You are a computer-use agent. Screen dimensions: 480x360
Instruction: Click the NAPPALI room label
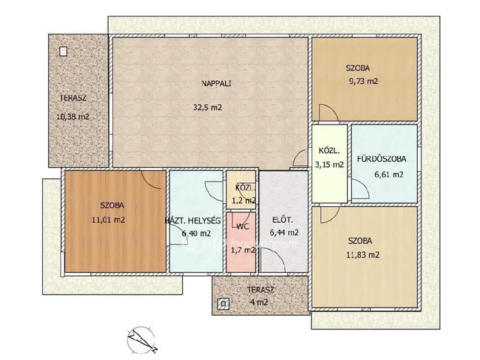(216, 83)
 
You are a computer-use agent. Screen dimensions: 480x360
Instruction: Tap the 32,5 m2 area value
(207, 107)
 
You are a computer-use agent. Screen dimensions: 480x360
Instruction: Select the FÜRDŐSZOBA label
(382, 159)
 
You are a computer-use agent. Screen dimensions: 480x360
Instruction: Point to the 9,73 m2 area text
(363, 82)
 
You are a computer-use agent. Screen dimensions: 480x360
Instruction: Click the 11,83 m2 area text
(363, 255)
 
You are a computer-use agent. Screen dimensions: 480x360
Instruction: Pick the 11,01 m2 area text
(108, 220)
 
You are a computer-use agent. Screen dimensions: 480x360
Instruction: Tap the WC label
(242, 226)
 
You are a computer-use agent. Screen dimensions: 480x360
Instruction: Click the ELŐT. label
(283, 220)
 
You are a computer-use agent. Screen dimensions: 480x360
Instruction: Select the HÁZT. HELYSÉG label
(193, 220)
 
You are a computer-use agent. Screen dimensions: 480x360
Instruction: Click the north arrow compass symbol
(142, 340)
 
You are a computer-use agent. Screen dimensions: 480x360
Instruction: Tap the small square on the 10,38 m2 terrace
(63, 52)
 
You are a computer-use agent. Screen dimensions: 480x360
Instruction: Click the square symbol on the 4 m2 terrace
(223, 304)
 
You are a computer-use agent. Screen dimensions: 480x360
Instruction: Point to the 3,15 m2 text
(329, 165)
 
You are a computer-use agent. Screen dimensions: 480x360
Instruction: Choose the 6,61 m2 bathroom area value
(388, 175)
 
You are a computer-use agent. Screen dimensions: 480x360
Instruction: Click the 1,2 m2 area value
(244, 201)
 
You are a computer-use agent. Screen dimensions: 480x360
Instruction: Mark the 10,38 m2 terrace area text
(73, 117)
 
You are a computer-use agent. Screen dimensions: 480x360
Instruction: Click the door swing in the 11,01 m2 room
(151, 180)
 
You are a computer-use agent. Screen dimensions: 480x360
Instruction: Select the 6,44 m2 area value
(284, 232)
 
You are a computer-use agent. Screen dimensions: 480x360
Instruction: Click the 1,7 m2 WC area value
(243, 250)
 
